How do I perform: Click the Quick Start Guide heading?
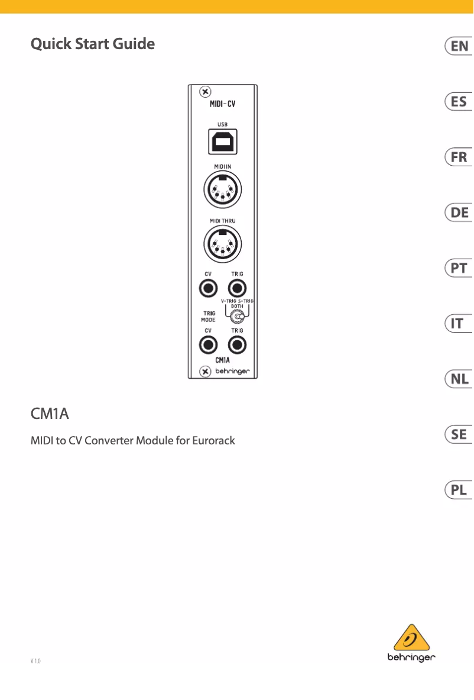pyautogui.click(x=93, y=44)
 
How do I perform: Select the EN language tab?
pyautogui.click(x=459, y=46)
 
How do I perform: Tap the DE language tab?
pyautogui.click(x=459, y=213)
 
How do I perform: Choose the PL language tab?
pyautogui.click(x=459, y=491)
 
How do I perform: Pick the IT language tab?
pyautogui.click(x=459, y=324)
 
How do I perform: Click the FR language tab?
pyautogui.click(x=459, y=157)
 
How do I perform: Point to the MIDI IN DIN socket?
pyautogui.click(x=222, y=188)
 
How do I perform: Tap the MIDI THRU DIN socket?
pyautogui.click(x=222, y=243)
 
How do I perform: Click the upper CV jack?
pyautogui.click(x=207, y=289)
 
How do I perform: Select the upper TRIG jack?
pyautogui.click(x=237, y=289)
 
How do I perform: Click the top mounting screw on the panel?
pyautogui.click(x=205, y=92)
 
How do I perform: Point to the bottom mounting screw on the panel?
pyautogui.click(x=204, y=372)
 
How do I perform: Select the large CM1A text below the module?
pyautogui.click(x=50, y=414)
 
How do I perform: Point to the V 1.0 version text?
pyautogui.click(x=35, y=660)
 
